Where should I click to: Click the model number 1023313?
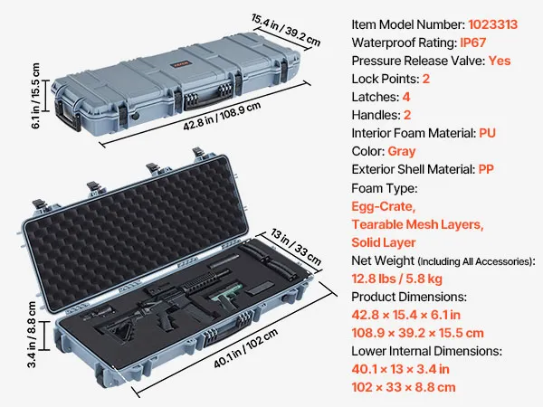(493, 24)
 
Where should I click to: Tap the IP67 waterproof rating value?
(472, 43)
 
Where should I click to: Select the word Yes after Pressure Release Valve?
(500, 61)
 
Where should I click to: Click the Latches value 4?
(406, 97)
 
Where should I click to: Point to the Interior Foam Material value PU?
(487, 133)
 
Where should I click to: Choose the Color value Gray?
(401, 152)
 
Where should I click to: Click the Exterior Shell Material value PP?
(486, 169)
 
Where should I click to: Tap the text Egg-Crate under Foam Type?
(384, 206)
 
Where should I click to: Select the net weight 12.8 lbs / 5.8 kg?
(397, 279)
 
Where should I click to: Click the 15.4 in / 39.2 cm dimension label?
(286, 30)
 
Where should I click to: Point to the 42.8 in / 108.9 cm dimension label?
(222, 117)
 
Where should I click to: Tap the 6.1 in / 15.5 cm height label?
(35, 96)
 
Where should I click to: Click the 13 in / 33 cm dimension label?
(296, 247)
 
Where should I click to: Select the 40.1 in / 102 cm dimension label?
(245, 348)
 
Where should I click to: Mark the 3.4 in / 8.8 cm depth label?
(31, 335)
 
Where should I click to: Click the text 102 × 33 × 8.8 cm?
(404, 387)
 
